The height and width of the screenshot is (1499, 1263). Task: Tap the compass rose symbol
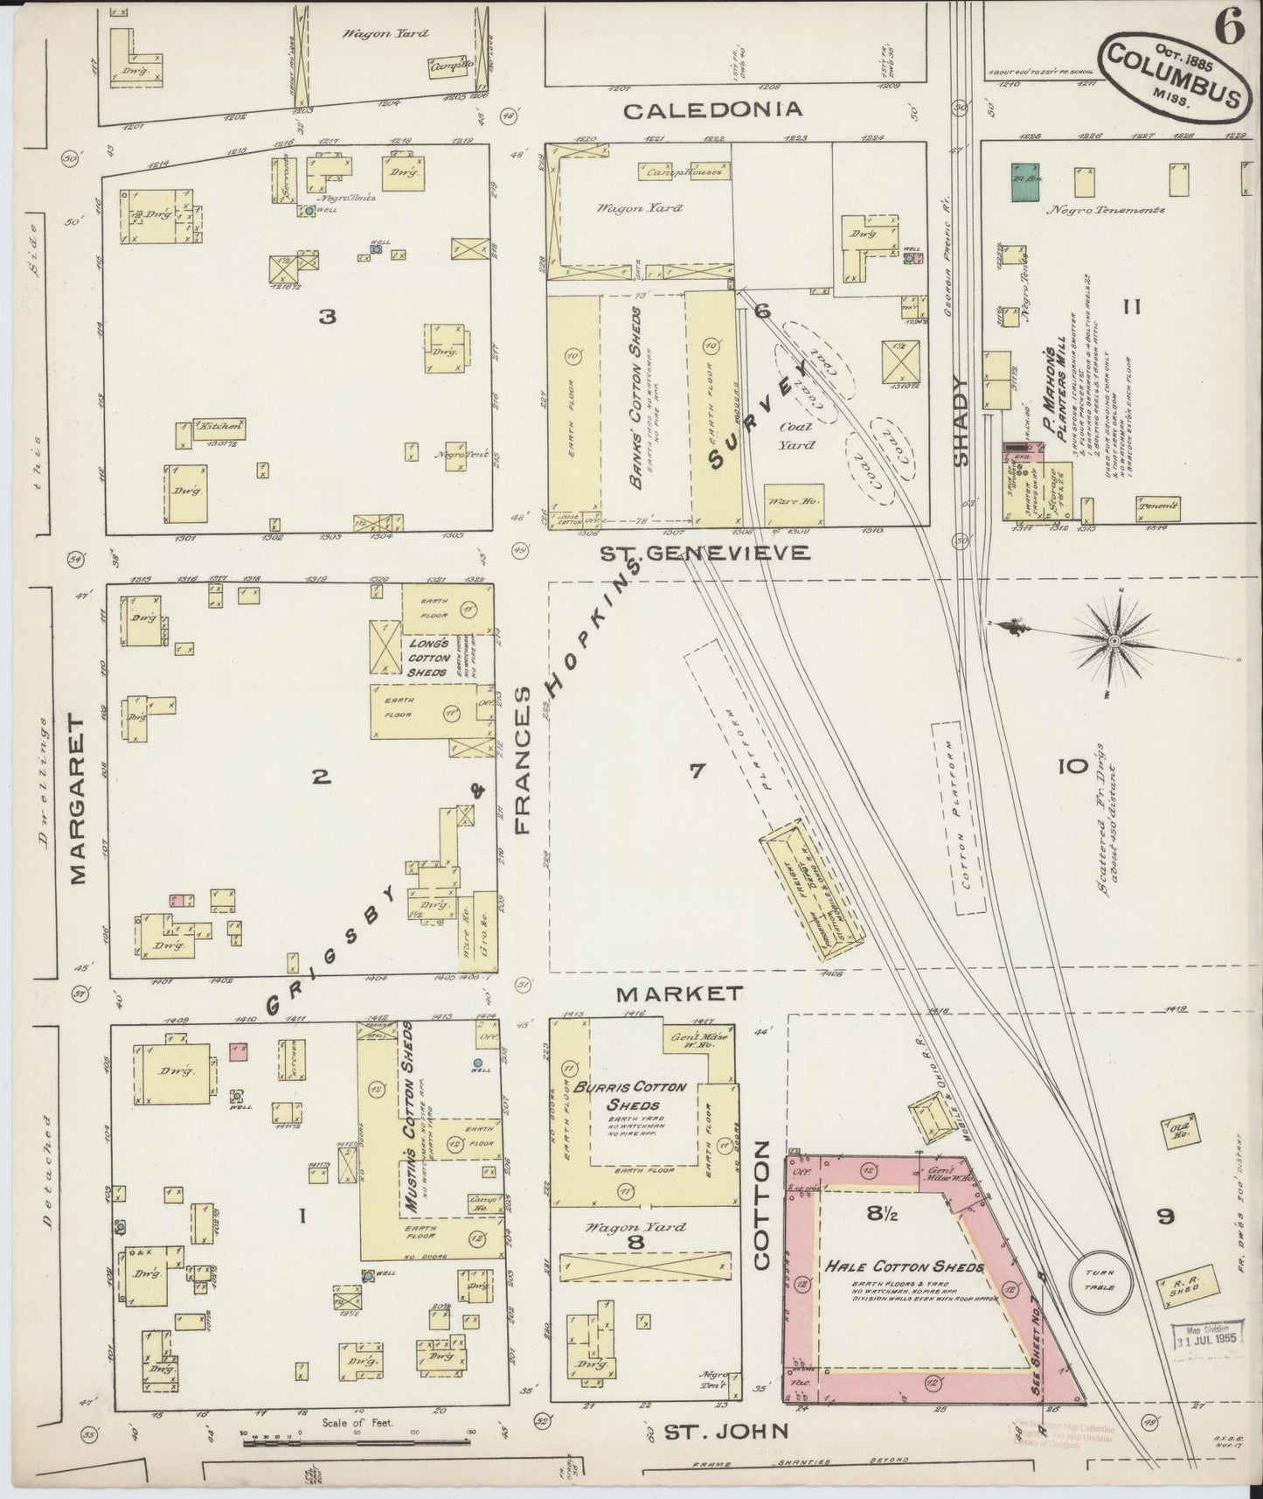click(x=1114, y=642)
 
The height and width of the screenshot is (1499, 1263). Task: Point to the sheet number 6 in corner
click(x=1229, y=30)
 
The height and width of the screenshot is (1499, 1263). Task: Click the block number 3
click(x=328, y=317)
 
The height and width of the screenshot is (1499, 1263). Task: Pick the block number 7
click(x=697, y=771)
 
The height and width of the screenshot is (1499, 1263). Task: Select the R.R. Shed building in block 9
click(x=1187, y=1286)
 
